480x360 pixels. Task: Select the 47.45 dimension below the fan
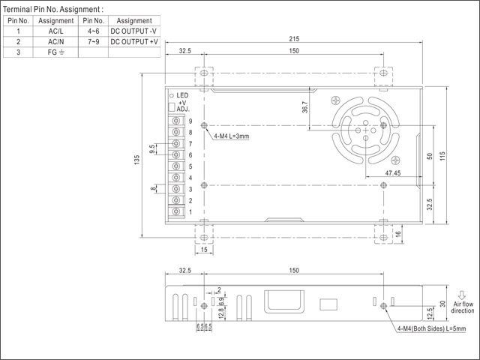pos(393,173)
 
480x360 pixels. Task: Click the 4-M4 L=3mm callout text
pos(231,136)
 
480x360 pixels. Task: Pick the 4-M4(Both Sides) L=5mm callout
pos(433,328)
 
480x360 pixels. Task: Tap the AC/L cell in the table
pos(56,31)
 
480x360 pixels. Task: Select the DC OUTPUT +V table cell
pos(134,42)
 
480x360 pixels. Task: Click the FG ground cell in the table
pos(56,52)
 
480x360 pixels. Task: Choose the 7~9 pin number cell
pos(93,42)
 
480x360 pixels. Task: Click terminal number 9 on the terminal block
pos(190,121)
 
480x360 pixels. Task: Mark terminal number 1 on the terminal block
pos(190,211)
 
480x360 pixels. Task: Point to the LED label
pos(183,95)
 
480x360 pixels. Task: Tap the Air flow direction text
pos(462,306)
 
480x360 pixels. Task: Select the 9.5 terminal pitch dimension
pos(153,148)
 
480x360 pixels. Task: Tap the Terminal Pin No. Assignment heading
pos(54,8)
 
